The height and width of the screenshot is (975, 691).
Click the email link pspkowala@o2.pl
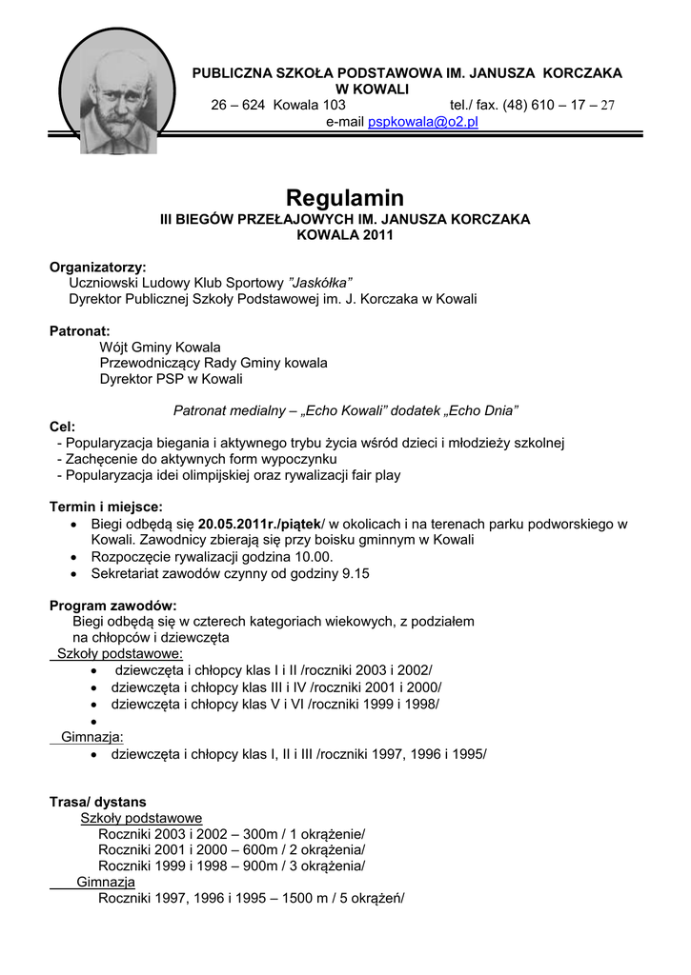(423, 122)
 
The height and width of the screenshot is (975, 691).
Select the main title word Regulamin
(345, 198)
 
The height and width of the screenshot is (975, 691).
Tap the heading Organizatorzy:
(98, 267)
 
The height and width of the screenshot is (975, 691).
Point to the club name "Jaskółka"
(320, 283)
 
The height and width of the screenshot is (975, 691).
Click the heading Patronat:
(80, 331)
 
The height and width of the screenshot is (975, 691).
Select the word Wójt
(117, 347)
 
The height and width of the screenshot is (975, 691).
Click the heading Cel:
(63, 427)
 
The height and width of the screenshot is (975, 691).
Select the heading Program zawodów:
(112, 606)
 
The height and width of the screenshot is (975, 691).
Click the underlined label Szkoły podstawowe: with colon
(120, 654)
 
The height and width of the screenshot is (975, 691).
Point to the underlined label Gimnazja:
(92, 736)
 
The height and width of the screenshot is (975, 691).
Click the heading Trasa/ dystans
(98, 802)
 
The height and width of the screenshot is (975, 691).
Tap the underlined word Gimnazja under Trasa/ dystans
(106, 883)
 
